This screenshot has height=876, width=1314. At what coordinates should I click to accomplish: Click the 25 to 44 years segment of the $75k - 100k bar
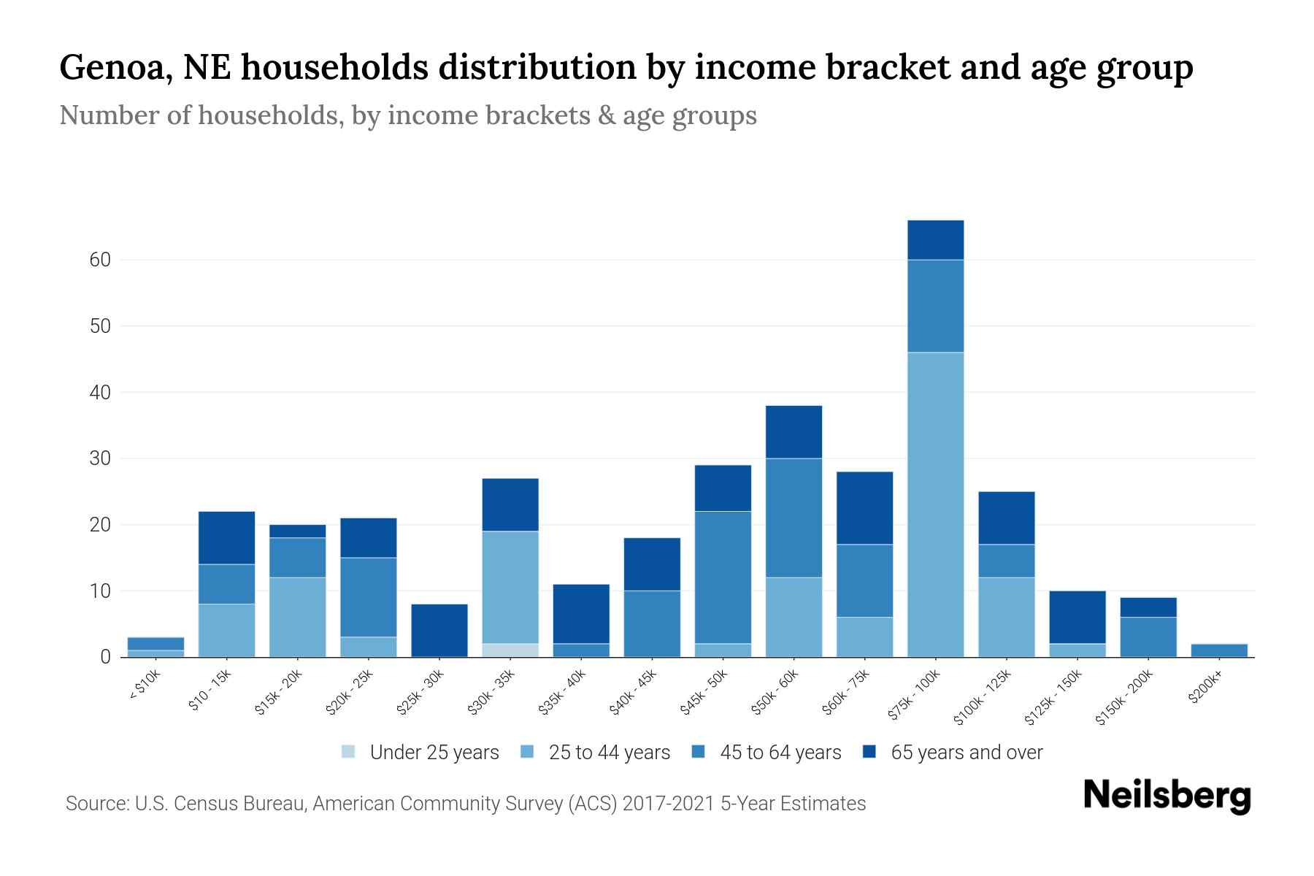pyautogui.click(x=935, y=504)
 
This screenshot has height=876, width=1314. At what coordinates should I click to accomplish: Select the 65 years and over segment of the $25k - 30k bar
pyautogui.click(x=439, y=630)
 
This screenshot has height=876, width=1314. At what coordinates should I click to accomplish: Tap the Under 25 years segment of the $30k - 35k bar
pyautogui.click(x=510, y=650)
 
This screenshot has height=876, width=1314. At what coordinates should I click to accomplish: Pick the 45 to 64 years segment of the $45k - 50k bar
pyautogui.click(x=723, y=577)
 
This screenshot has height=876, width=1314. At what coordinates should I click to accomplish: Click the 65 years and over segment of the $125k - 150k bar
pyautogui.click(x=1077, y=617)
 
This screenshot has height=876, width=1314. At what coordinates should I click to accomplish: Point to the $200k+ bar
pyautogui.click(x=1218, y=650)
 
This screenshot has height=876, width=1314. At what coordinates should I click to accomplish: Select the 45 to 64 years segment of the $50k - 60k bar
pyautogui.click(x=794, y=518)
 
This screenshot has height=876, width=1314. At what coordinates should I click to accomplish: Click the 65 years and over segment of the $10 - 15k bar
pyautogui.click(x=227, y=537)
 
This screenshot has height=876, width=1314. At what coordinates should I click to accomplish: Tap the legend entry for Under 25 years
pyautogui.click(x=420, y=753)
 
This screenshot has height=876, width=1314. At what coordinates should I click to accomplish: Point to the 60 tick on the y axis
pyautogui.click(x=101, y=260)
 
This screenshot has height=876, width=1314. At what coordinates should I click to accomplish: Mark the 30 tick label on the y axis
pyautogui.click(x=101, y=458)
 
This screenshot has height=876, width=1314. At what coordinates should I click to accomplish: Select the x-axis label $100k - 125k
pyautogui.click(x=983, y=697)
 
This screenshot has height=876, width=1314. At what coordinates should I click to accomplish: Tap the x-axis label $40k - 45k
pyautogui.click(x=634, y=692)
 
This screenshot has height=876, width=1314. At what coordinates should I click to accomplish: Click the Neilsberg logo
pyautogui.click(x=1167, y=796)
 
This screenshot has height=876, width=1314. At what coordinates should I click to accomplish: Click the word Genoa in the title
pyautogui.click(x=115, y=67)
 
